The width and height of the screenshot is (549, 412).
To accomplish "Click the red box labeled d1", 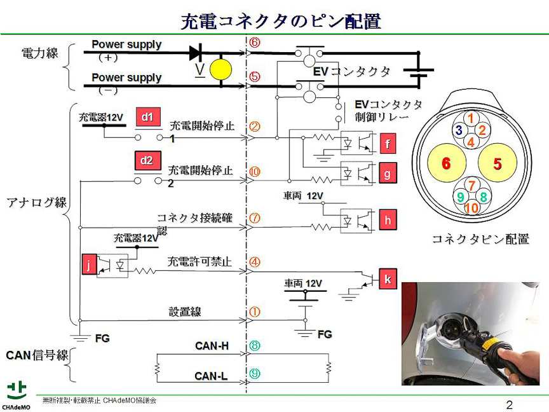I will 147,116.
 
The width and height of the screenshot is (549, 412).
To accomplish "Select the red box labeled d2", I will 147,160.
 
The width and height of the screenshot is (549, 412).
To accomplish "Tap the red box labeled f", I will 388,144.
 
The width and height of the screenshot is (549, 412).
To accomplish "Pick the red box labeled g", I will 388,172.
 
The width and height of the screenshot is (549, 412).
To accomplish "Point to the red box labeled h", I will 388,220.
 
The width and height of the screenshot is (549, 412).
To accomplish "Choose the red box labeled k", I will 388,279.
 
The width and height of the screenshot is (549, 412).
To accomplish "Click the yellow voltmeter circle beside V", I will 222,69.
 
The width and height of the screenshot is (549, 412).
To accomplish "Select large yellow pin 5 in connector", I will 497,163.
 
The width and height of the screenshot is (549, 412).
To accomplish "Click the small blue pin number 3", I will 458,130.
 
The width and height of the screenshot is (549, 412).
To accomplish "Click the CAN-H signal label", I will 212,346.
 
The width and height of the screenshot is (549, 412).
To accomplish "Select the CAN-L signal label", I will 211,376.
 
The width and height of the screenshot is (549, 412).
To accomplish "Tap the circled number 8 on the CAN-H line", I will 255,346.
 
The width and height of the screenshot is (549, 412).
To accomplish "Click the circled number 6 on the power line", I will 255,43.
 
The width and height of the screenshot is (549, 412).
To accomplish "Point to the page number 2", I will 509,405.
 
